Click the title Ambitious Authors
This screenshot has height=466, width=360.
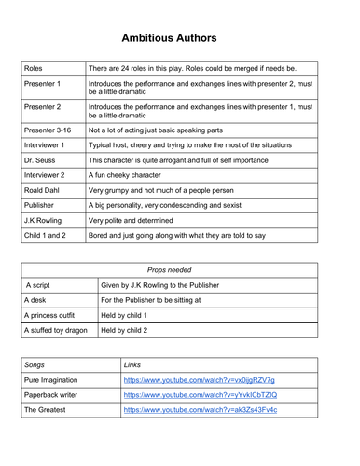(x=180, y=38)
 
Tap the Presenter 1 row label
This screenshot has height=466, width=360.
(x=46, y=84)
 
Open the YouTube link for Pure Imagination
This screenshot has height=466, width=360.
(x=199, y=406)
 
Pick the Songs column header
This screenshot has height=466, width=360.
(x=37, y=391)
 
